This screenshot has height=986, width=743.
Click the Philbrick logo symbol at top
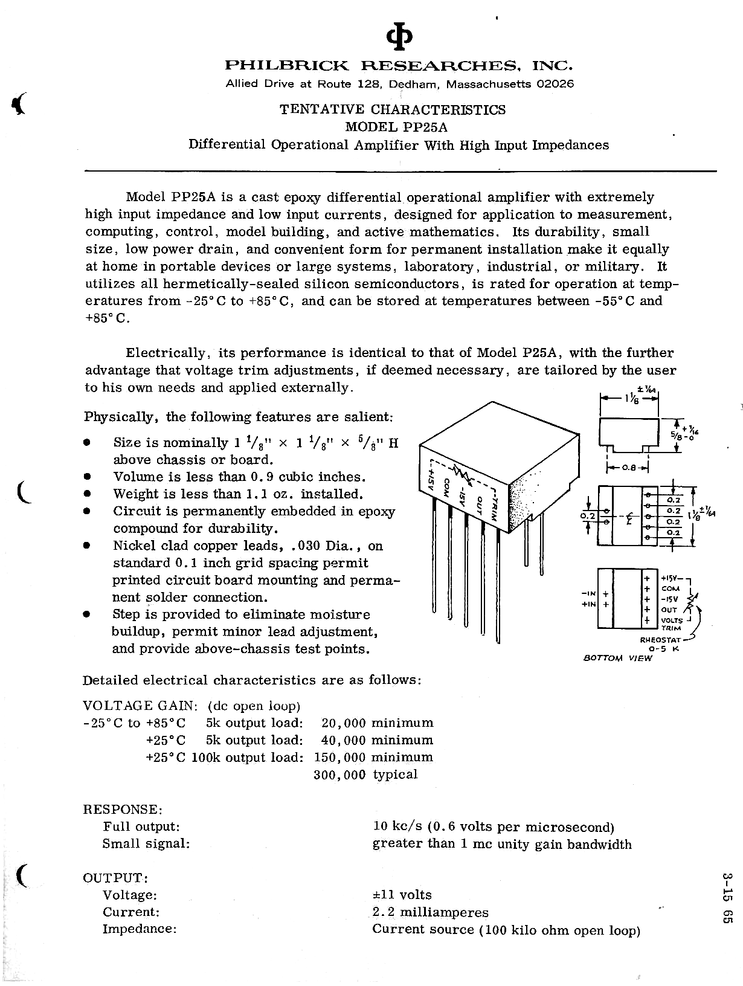(400, 38)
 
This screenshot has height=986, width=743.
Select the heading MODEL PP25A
(396, 127)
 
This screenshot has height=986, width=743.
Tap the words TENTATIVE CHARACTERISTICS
(393, 109)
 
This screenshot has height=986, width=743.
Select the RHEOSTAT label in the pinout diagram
(660, 639)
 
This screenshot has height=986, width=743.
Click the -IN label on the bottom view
(588, 593)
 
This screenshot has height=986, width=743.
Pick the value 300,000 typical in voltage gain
(365, 775)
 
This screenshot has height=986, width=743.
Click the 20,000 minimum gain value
(378, 723)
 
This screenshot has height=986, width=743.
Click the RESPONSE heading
(123, 809)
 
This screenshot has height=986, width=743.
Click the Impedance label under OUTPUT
(140, 929)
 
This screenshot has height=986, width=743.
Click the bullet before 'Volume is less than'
(88, 477)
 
